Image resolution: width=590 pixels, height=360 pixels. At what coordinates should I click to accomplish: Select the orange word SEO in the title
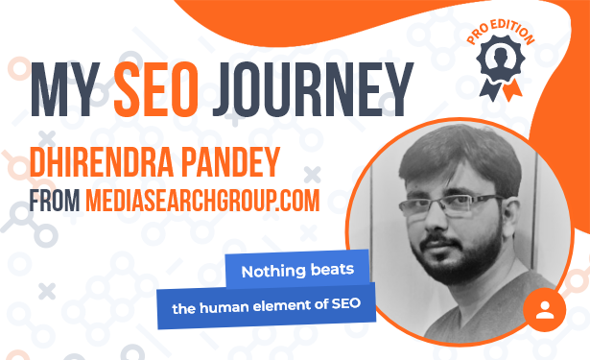point(156,89)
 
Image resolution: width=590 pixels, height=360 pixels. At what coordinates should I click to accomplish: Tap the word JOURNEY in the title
point(313,89)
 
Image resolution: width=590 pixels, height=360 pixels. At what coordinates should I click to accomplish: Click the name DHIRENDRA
point(102,162)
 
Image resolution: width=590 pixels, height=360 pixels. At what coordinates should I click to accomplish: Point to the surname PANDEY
point(230,162)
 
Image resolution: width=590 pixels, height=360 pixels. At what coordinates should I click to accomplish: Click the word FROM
point(55,201)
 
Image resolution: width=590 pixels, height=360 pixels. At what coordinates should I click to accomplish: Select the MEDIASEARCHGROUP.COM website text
point(202,201)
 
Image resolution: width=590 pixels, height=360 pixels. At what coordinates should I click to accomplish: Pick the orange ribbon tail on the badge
point(512,91)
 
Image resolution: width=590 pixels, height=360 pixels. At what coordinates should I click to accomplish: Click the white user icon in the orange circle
point(545,309)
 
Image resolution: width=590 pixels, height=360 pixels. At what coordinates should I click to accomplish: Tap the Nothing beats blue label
point(297,271)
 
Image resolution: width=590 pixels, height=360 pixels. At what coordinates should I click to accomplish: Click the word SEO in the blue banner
point(346,303)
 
